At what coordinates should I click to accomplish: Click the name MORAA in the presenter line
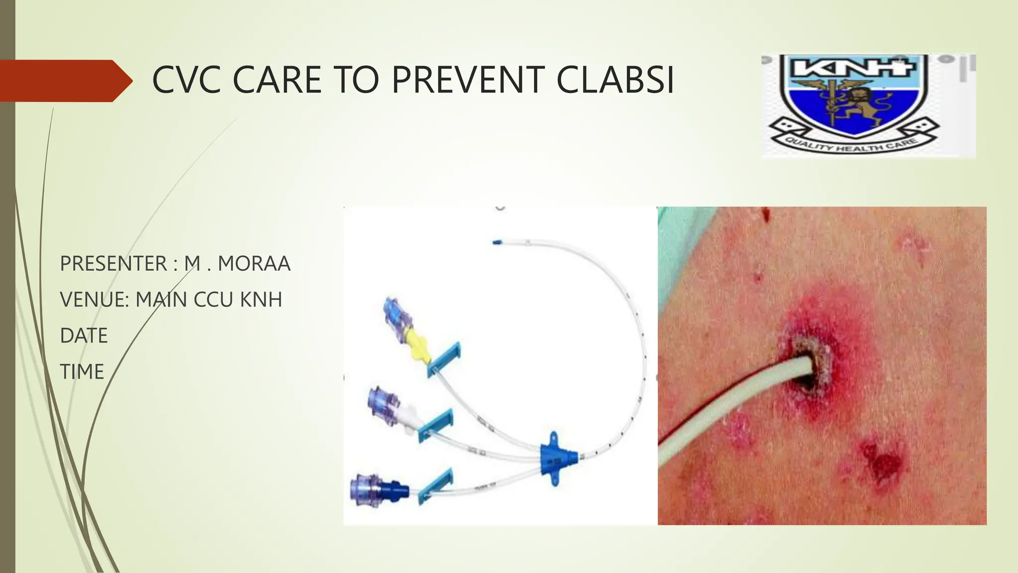point(254,264)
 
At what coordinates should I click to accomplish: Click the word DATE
point(84,336)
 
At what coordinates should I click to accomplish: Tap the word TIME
point(82,372)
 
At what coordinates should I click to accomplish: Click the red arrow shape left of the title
point(65,81)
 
